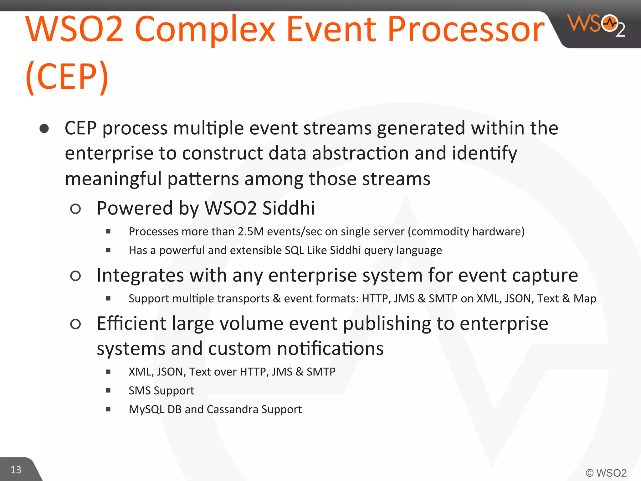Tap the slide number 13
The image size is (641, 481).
16,470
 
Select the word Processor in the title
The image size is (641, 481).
466,30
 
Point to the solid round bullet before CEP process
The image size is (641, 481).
44,129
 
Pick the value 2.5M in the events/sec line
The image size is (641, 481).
251,232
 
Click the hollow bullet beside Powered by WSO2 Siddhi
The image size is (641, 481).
75,209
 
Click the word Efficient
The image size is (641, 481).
131,323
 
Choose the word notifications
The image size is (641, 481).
330,349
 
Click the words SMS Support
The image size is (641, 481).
161,390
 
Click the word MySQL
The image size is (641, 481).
146,410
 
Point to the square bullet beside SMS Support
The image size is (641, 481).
108,390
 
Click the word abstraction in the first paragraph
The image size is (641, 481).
360,153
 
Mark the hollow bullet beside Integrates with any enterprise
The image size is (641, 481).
75,276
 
